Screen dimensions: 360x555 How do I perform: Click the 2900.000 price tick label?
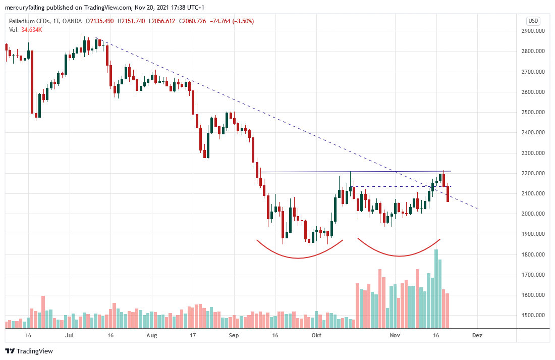533,31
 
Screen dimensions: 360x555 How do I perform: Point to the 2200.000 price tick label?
533,174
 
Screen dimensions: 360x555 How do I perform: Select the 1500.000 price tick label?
533,316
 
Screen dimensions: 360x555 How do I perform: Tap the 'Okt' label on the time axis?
316,335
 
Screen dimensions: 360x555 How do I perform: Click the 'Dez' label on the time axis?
476,335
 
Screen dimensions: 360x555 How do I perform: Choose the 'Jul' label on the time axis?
70,335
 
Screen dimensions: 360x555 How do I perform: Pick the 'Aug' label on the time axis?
152,335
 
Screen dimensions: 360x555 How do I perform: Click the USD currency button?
533,21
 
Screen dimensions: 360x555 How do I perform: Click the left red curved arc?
298,258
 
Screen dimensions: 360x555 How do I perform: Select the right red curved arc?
399,256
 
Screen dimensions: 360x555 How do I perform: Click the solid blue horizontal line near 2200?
303,172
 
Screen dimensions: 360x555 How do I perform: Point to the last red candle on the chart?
448,194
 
